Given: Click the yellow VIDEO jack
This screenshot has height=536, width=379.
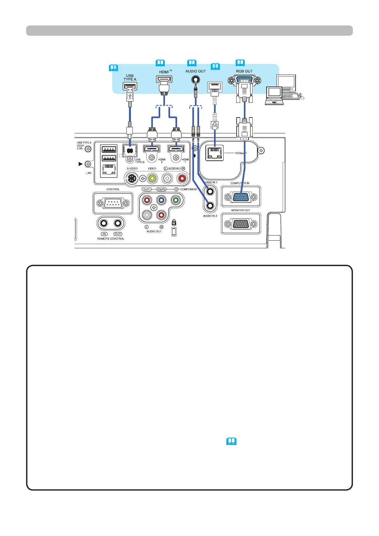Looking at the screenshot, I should point(152,179).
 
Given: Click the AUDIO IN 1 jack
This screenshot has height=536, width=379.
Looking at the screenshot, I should point(210,192).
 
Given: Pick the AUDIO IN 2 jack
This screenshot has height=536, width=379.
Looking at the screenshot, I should point(210,206).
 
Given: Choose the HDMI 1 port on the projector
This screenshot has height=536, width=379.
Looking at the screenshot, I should point(176,148).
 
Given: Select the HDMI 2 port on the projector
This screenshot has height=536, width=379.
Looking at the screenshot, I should point(152,148).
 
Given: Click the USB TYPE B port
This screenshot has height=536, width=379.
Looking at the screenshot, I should point(130,150).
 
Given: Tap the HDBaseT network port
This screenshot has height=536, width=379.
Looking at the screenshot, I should point(214,153).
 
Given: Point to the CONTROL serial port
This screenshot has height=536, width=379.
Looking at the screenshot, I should point(113,203).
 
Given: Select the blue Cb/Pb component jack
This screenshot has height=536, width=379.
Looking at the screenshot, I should point(161,200).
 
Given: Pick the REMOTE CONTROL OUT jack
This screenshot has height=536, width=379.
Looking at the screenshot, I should point(118,223).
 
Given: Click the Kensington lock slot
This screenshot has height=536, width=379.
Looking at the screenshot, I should point(174,232).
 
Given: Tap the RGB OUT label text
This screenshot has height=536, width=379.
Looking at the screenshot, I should point(244,71).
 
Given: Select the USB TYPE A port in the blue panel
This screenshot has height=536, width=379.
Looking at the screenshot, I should point(130,86).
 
